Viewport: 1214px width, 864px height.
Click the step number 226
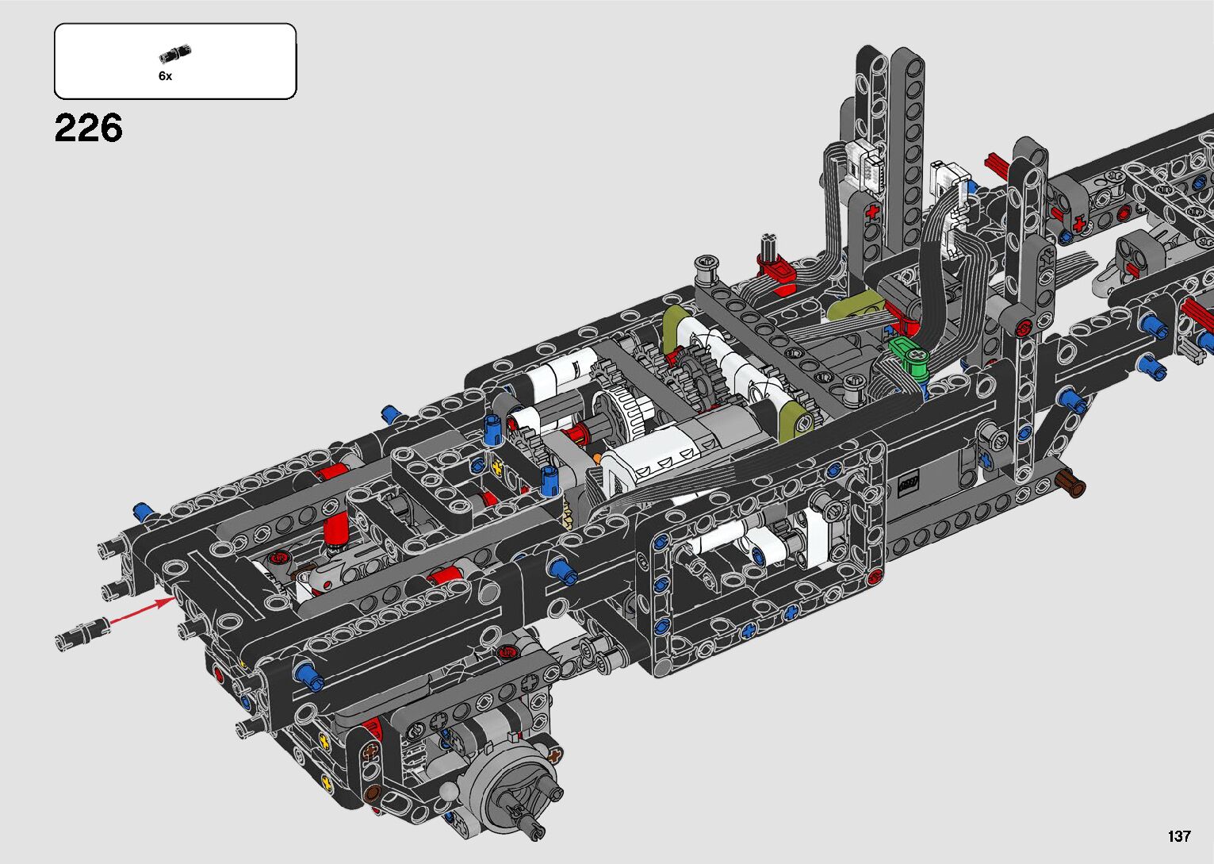pyautogui.click(x=88, y=129)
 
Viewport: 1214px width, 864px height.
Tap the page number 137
pyautogui.click(x=1179, y=835)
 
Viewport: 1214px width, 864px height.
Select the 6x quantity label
pyautogui.click(x=165, y=76)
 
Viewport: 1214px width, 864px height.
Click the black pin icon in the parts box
pyautogui.click(x=175, y=54)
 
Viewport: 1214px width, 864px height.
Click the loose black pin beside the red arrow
pyautogui.click(x=83, y=633)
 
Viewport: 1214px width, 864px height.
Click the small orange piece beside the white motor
pyautogui.click(x=597, y=459)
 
